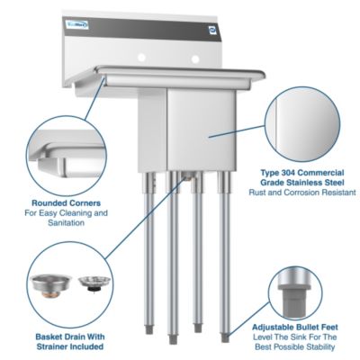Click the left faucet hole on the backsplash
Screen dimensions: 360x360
(x=141, y=58)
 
